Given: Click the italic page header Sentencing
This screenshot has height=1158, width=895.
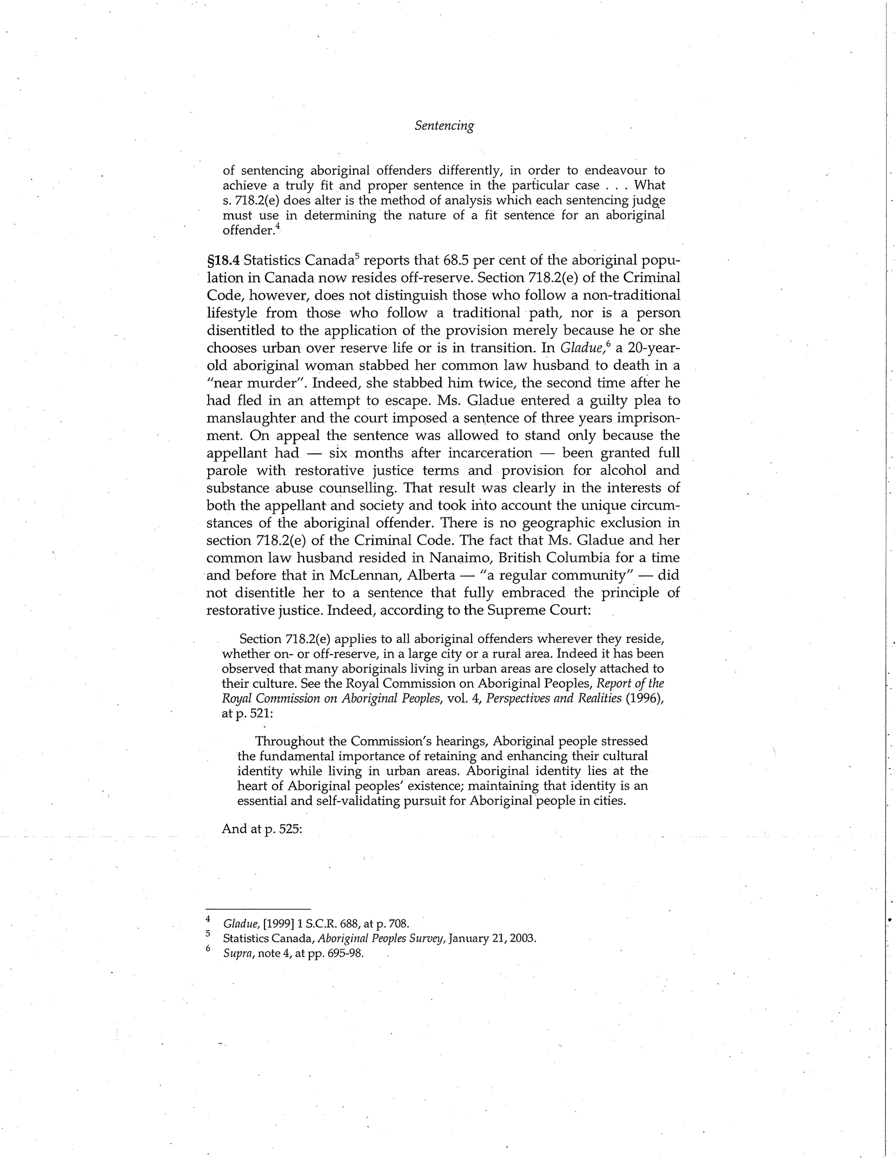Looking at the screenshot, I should pyautogui.click(x=444, y=126).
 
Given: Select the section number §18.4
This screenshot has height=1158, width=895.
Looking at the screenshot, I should pyautogui.click(x=223, y=260).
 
